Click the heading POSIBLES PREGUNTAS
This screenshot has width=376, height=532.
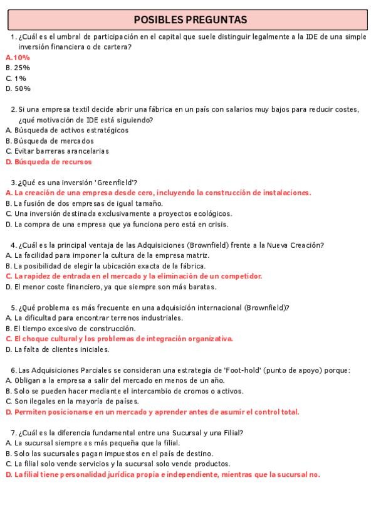click(190, 20)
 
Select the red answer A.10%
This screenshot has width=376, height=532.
click(18, 57)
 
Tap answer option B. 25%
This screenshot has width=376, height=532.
click(18, 67)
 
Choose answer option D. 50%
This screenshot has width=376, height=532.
click(18, 88)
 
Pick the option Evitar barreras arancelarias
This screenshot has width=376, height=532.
click(57, 151)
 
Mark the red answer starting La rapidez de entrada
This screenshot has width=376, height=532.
click(133, 275)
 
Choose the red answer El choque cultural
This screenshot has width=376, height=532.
click(119, 338)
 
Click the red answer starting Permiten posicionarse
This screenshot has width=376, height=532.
click(152, 412)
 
